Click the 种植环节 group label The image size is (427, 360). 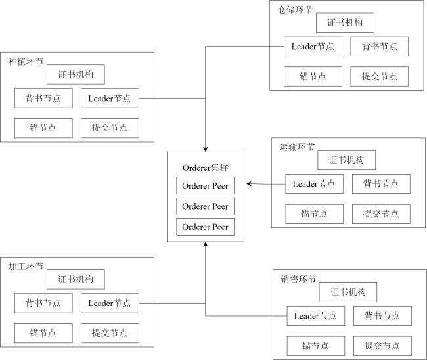[x=26, y=62]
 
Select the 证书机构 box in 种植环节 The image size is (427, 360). [x=76, y=74]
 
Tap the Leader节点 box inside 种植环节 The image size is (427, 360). [x=110, y=98]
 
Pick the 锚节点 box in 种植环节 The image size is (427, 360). [x=43, y=128]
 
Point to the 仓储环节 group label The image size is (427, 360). [x=295, y=10]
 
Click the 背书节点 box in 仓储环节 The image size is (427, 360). [x=379, y=47]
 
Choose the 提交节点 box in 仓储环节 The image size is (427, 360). [x=379, y=76]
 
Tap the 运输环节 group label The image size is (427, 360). [x=297, y=147]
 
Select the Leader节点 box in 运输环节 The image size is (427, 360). [x=314, y=184]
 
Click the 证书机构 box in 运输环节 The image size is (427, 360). [x=346, y=160]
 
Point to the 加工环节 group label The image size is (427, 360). [x=26, y=266]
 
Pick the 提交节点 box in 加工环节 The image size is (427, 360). [x=110, y=333]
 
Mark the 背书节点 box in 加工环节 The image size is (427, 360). [x=43, y=303]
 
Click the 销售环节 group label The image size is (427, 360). [x=298, y=279]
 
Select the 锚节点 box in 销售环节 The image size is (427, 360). [x=315, y=346]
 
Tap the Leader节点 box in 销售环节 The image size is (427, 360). [x=315, y=316]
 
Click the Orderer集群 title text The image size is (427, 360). [x=206, y=168]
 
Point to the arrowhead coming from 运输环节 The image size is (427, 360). [x=248, y=184]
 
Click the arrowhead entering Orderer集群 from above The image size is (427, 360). [x=206, y=150]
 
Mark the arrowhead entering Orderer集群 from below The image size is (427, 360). [x=206, y=244]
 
